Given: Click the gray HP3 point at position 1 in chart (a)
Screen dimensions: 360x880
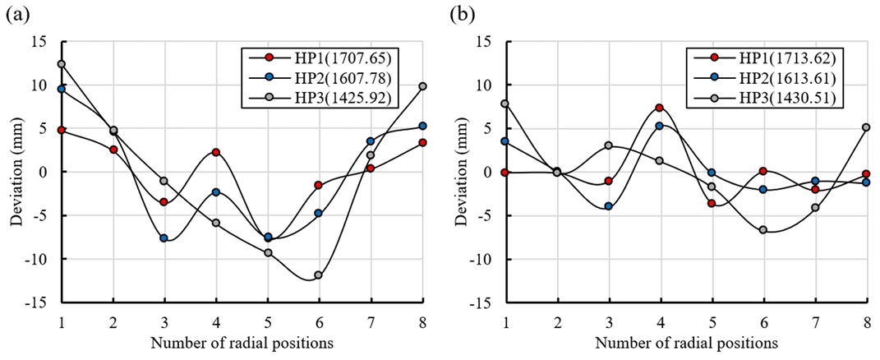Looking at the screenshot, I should (x=62, y=64).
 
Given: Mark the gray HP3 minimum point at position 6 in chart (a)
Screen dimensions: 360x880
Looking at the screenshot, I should (x=319, y=275).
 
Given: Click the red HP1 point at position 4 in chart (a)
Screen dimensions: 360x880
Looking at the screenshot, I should (x=216, y=152).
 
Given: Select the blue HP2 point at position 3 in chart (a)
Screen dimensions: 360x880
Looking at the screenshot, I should (x=164, y=238).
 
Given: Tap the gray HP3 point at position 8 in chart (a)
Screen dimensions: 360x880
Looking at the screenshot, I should (x=422, y=86).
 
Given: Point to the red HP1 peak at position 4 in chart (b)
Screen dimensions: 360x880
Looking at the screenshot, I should (x=659, y=108).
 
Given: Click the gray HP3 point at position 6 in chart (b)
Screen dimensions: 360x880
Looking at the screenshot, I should (x=763, y=229).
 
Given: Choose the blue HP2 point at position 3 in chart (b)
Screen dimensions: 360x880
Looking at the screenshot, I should (x=608, y=206).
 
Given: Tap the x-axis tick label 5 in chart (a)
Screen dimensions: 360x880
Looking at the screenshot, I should (x=268, y=319).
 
